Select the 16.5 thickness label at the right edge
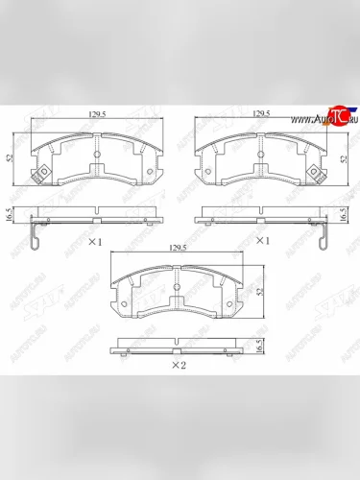tap(344, 214)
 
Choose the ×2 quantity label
tap(178, 366)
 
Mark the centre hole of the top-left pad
tap(97, 154)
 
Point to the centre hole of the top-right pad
tap(261, 154)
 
